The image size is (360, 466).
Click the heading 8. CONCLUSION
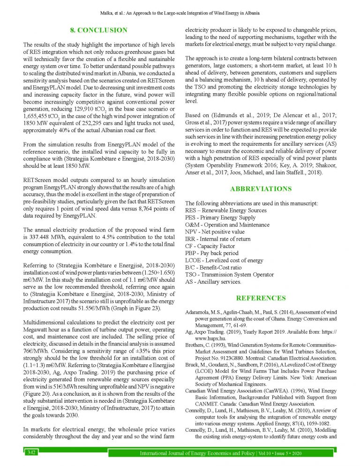coord(98,30)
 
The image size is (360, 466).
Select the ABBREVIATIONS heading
coord(261,189)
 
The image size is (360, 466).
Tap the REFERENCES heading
coord(261,298)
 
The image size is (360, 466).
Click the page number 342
coord(32,452)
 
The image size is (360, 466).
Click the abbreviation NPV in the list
coord(192,232)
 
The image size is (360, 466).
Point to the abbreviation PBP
coord(192,254)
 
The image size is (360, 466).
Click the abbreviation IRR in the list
coord(191,239)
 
